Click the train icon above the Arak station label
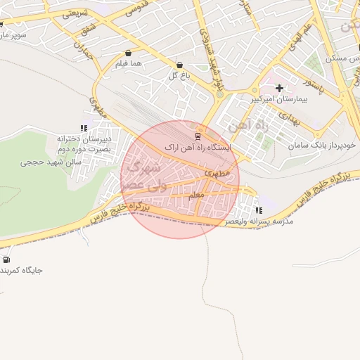click(x=198, y=136)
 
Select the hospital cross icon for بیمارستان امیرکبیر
click(x=280, y=88)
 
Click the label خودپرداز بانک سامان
click(x=323, y=145)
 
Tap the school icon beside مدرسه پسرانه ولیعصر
click(x=259, y=210)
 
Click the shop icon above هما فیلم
click(x=128, y=53)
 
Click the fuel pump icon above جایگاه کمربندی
click(x=7, y=259)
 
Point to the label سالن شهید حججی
click(x=51, y=162)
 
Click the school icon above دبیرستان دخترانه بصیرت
click(x=84, y=128)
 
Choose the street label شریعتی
click(x=75, y=13)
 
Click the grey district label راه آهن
click(x=243, y=127)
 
